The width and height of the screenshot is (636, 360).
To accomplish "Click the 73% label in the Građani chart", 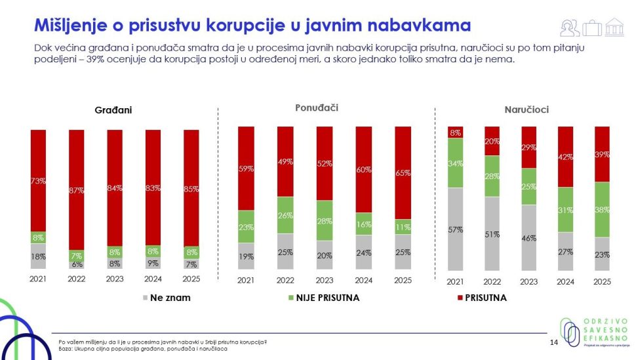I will click(x=38, y=181).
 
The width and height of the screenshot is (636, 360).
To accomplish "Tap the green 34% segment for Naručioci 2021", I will click(x=455, y=163).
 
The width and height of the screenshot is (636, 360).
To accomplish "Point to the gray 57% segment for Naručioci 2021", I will click(x=455, y=230).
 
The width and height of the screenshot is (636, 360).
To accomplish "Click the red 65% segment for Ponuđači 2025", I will click(x=403, y=173).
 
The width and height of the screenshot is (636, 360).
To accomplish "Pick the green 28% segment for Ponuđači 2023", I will click(x=325, y=221).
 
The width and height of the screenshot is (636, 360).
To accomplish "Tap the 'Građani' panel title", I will click(x=114, y=110).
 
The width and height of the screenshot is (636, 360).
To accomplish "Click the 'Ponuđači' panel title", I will click(x=317, y=107).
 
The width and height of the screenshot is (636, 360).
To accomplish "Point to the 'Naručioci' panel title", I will click(x=527, y=110).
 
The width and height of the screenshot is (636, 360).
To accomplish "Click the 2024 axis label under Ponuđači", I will click(x=363, y=281).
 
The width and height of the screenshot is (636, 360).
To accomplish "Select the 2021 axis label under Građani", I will click(x=38, y=278).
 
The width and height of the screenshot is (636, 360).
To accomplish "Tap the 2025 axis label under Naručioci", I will click(x=601, y=281).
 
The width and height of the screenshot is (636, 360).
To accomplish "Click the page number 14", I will click(x=552, y=343).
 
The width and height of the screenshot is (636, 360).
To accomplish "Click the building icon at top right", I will click(x=614, y=28).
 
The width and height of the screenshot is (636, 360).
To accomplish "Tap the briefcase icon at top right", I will click(x=592, y=28).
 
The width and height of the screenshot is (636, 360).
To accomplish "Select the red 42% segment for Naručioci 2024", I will click(x=565, y=157).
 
